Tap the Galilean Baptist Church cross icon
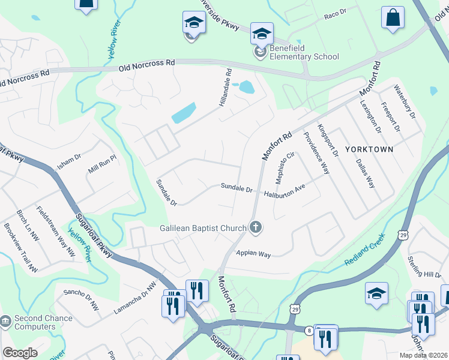(x=256, y=227)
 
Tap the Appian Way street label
(x=253, y=254)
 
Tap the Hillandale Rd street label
(x=224, y=90)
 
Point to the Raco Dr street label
(x=335, y=13)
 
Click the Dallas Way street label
(x=365, y=173)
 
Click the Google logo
(x=20, y=353)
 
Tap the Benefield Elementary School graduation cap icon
(x=262, y=34)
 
